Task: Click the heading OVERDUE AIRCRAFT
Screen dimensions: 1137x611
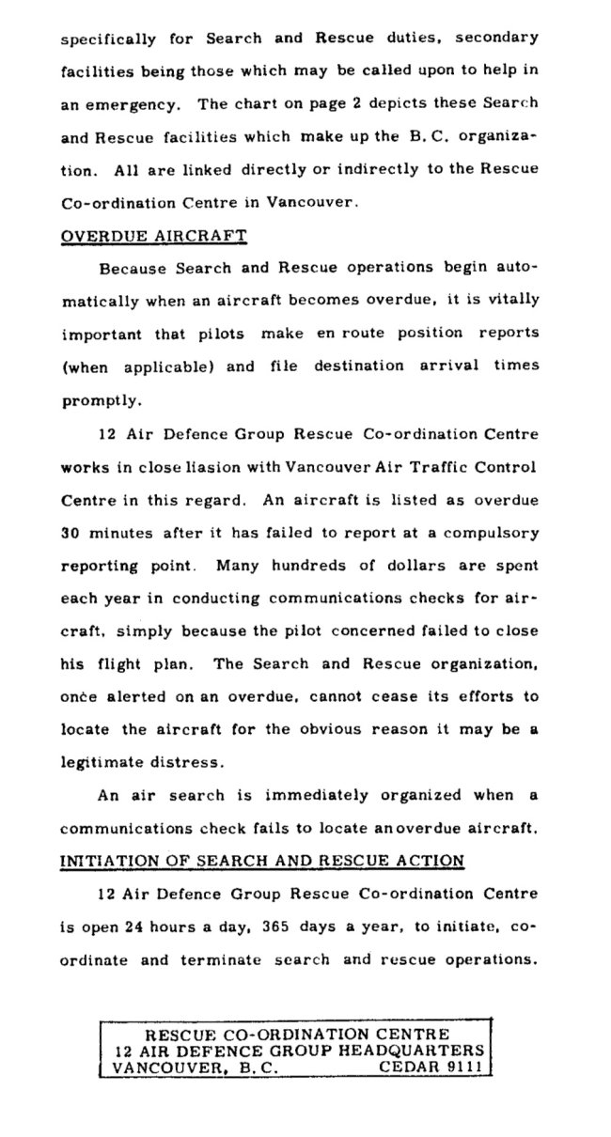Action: click(153, 235)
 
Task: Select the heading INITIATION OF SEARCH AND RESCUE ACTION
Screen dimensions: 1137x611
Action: click(262, 859)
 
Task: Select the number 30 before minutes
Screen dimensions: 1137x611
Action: click(70, 532)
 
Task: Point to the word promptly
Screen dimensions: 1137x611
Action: click(102, 400)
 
